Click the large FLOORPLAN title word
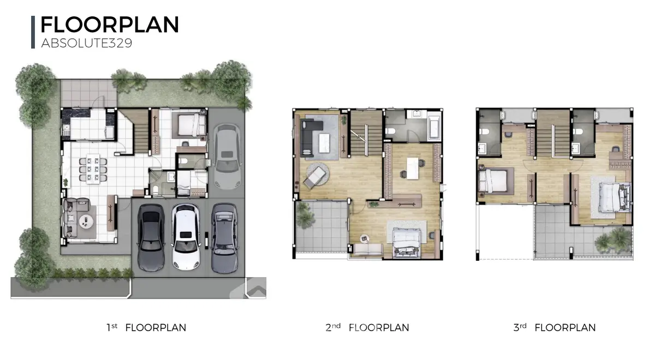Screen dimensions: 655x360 [x=110, y=25]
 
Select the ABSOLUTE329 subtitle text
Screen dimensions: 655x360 [x=87, y=43]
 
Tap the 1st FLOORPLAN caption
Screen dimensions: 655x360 [x=146, y=328]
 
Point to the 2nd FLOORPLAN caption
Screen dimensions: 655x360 [x=367, y=328]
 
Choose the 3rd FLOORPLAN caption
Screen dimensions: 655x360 [x=555, y=328]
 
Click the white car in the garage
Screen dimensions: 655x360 [x=186, y=236]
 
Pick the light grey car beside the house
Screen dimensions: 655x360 [x=227, y=156]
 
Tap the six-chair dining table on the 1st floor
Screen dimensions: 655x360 [x=93, y=170]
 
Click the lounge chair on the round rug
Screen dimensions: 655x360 [x=314, y=177]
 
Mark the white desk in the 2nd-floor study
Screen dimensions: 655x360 [x=412, y=169]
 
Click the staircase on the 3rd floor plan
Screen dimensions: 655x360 [x=553, y=133]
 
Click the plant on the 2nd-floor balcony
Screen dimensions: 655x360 [x=304, y=215]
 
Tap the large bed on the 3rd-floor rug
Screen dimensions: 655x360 [x=614, y=197]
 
